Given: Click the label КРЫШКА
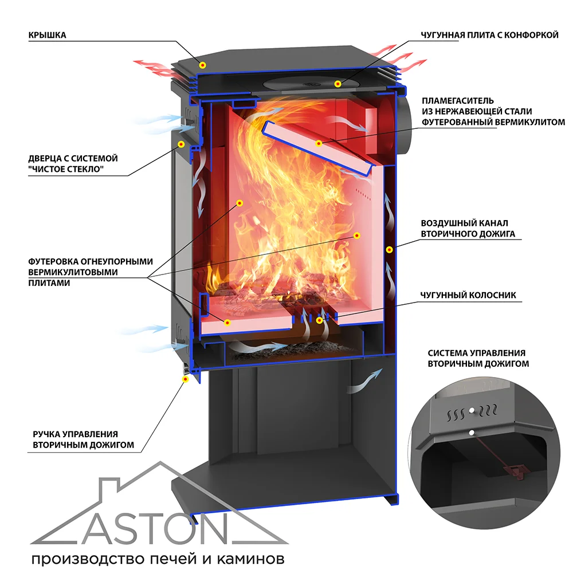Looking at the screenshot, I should click(48, 35).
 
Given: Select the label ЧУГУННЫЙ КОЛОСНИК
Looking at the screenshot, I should click(468, 295).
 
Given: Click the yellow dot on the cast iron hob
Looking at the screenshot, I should click(338, 84).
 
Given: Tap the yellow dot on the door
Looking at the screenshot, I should click(181, 144).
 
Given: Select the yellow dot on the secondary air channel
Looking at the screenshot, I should click(388, 249).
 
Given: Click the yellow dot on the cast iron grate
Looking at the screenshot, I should click(319, 320).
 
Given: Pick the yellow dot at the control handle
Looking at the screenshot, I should click(185, 379).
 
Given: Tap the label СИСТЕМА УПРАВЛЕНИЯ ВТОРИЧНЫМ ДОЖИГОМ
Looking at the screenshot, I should click(478, 358).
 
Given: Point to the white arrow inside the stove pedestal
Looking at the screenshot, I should click(364, 380).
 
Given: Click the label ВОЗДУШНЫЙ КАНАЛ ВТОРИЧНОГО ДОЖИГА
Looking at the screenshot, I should click(468, 228).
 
